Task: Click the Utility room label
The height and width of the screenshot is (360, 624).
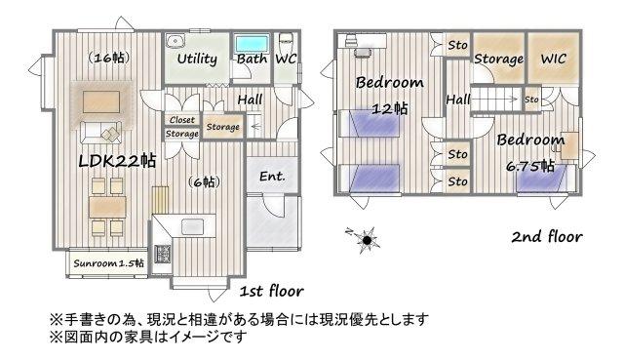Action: click(x=197, y=60)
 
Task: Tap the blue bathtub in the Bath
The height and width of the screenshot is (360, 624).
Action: click(x=252, y=43)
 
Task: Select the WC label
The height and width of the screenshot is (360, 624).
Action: click(x=286, y=59)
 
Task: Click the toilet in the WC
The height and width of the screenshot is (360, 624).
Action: click(x=287, y=41)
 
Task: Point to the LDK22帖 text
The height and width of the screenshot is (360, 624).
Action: click(x=117, y=161)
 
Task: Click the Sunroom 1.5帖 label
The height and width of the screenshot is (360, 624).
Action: click(x=108, y=263)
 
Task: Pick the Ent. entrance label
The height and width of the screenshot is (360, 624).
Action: click(x=272, y=176)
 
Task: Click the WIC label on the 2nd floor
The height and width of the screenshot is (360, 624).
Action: click(x=553, y=59)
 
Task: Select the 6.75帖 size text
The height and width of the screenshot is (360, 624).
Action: click(x=530, y=166)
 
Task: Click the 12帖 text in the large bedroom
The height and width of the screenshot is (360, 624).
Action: click(x=390, y=108)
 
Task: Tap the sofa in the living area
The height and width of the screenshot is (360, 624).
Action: click(x=101, y=133)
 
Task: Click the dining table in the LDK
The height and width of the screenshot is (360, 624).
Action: click(x=107, y=207)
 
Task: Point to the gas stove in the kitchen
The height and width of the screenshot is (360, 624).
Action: click(x=163, y=254)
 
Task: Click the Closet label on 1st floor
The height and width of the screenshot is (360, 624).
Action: click(x=182, y=120)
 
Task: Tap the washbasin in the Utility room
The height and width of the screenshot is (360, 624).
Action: click(x=175, y=41)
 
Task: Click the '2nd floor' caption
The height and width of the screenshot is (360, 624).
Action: click(x=547, y=237)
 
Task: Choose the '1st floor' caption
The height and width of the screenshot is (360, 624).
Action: click(x=272, y=291)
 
